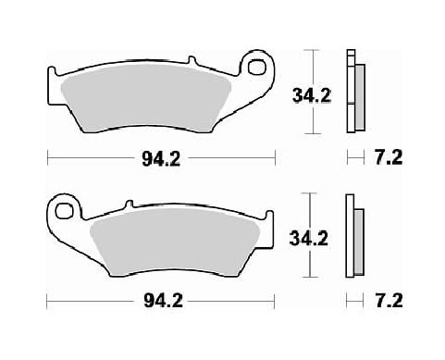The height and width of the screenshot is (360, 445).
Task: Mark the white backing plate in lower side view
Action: coord(350,235)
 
